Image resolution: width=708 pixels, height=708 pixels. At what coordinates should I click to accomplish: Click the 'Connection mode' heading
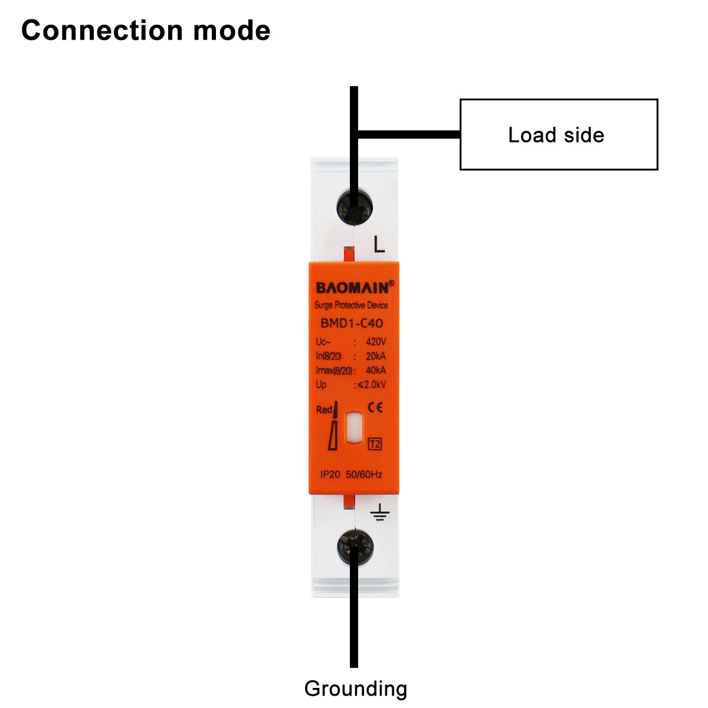point(146,31)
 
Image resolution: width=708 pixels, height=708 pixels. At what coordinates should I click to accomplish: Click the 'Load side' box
point(558,135)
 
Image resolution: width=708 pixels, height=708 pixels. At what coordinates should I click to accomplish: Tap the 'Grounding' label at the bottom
point(355,689)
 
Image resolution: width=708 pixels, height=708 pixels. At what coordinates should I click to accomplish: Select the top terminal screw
point(354,206)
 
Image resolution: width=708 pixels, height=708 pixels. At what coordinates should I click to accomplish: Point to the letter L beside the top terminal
point(379,244)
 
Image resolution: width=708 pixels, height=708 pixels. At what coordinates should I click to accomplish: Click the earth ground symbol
point(380,513)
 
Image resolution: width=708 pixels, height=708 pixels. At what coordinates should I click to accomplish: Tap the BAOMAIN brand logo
point(353,287)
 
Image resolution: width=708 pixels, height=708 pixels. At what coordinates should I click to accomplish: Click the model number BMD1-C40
point(352,323)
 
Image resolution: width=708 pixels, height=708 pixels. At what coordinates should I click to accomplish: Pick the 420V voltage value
point(376,342)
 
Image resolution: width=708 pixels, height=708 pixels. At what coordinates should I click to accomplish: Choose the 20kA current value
point(376,356)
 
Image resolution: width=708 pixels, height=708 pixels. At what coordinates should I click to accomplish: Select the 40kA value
point(376,370)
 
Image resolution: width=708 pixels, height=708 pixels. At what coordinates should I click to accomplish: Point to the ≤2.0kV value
point(371,385)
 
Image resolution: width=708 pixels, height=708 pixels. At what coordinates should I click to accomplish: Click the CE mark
point(375,408)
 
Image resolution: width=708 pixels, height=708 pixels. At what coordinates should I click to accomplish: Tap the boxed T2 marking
point(375,444)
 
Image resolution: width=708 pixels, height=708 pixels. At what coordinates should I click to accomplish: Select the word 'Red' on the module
point(324,409)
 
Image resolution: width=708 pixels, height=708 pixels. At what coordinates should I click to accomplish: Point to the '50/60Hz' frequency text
point(364,474)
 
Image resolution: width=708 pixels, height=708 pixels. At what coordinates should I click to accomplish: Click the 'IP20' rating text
point(330,474)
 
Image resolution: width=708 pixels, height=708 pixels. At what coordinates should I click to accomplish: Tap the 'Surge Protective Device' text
point(351,305)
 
